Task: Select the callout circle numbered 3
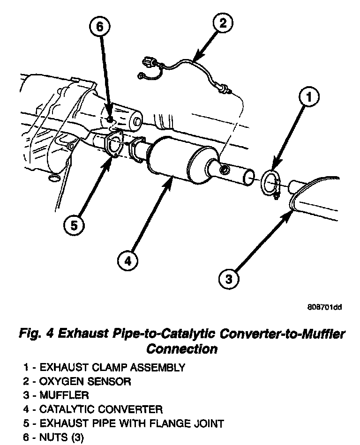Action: [229, 280]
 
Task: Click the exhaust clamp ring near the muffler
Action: [270, 184]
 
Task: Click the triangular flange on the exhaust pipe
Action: [114, 144]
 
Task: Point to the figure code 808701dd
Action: [324, 307]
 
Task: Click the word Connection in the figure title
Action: [182, 349]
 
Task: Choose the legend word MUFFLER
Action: [64, 395]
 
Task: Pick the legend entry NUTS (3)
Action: [61, 438]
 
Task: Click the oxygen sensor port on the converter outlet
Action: [225, 168]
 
